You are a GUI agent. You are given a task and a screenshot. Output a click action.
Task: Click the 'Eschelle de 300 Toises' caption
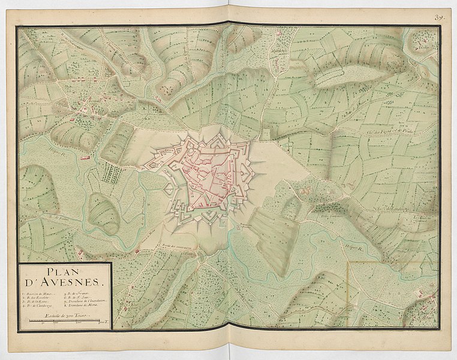coord(64,314)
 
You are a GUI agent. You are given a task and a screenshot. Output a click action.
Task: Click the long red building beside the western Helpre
coord(85,158)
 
